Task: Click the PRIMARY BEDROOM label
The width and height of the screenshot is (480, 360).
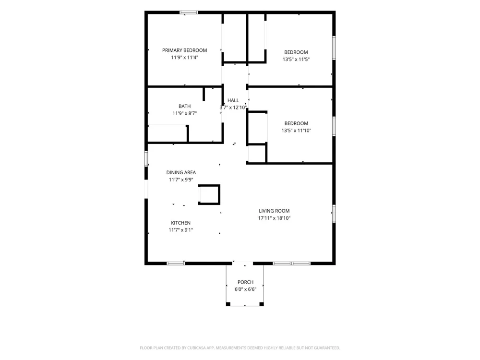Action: (x=185, y=50)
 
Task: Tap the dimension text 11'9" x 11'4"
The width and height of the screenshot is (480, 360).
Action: (x=185, y=57)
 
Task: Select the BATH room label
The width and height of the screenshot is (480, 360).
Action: (x=185, y=106)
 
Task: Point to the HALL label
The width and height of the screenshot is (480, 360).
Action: (x=233, y=100)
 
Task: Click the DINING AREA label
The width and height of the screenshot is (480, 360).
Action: (x=181, y=173)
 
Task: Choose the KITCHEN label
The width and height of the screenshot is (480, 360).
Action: (x=180, y=223)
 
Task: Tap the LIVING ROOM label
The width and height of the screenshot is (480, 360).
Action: (x=274, y=211)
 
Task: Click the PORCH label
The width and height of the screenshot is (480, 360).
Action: (x=245, y=282)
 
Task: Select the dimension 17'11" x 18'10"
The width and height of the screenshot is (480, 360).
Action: (x=274, y=218)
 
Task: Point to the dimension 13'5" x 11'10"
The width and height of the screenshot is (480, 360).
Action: (x=296, y=131)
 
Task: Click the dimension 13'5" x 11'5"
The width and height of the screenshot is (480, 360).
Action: (x=296, y=60)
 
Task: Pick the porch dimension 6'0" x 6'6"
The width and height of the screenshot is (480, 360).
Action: (x=245, y=289)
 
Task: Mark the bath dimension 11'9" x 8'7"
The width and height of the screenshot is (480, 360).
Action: (x=185, y=113)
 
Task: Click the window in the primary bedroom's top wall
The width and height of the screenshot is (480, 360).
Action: (x=189, y=12)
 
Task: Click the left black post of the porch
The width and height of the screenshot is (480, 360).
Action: (x=228, y=304)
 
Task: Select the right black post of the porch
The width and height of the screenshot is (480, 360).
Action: (x=262, y=304)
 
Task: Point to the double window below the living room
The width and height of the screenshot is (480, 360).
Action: (x=291, y=263)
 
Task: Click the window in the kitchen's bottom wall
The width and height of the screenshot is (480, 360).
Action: (x=176, y=263)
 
